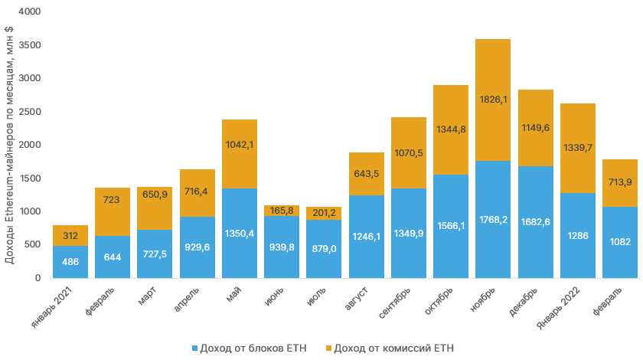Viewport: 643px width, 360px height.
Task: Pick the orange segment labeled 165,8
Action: pos(282,210)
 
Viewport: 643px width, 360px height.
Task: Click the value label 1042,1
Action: pos(240,144)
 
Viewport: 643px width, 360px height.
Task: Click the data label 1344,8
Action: pos(451,129)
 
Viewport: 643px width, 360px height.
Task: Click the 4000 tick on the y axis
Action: pos(30,12)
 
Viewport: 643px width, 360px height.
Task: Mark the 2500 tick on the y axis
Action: pos(30,112)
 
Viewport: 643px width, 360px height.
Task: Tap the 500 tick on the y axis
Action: pos(33,244)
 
